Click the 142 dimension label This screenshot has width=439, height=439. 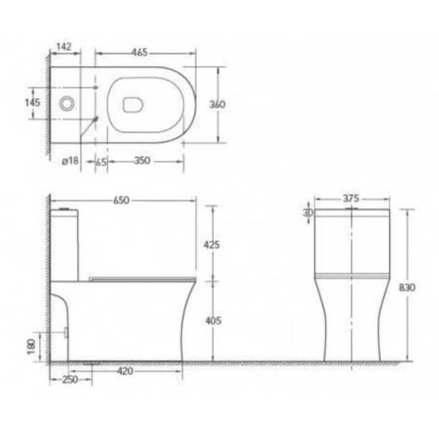(x=66, y=46)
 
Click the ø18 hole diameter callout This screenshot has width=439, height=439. (x=70, y=161)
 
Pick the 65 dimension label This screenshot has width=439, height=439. (x=101, y=161)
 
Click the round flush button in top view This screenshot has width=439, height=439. (x=69, y=102)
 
